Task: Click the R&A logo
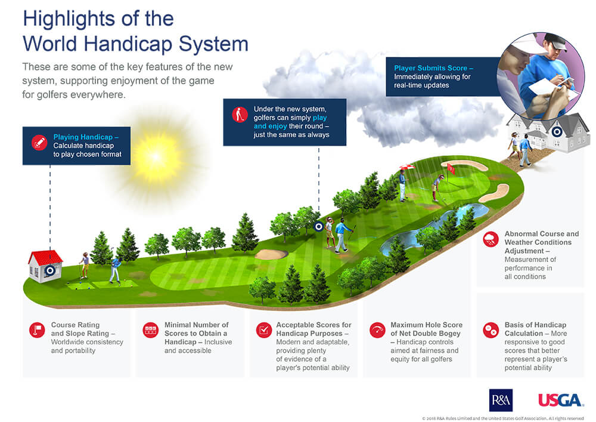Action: [x=501, y=400]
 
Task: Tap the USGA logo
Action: [x=561, y=400]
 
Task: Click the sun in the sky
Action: [x=156, y=156]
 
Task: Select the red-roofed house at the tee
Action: [x=46, y=266]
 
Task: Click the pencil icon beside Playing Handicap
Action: [x=39, y=143]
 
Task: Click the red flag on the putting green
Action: [x=450, y=169]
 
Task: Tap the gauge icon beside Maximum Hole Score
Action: [x=377, y=329]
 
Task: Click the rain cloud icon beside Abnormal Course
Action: [x=491, y=239]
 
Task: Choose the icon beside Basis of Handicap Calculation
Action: [x=491, y=329]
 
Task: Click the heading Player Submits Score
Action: [x=430, y=68]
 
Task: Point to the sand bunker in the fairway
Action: [x=271, y=255]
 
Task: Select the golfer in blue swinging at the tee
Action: [x=115, y=270]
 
